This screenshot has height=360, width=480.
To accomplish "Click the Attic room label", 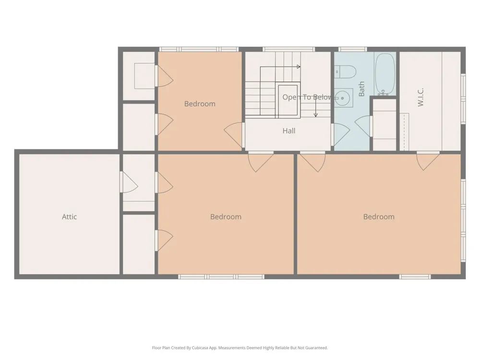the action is click(x=69, y=217).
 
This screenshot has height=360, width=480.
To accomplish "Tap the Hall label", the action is click(x=289, y=131).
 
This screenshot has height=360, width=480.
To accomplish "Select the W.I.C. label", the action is click(x=420, y=97).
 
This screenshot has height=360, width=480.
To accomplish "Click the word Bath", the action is click(x=361, y=89).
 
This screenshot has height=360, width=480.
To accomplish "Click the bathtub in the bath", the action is click(x=385, y=74).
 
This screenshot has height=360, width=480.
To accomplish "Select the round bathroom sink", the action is click(x=343, y=98).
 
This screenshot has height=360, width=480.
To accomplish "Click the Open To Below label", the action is click(x=307, y=97).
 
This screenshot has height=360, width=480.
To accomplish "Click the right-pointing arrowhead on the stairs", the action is click(x=299, y=67).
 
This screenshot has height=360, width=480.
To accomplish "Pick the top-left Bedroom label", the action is click(x=200, y=104).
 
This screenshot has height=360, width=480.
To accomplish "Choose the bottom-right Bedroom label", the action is click(x=379, y=217).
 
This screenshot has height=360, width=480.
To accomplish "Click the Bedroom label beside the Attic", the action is click(x=226, y=217).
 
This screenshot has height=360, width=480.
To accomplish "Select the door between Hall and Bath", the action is click(x=340, y=135).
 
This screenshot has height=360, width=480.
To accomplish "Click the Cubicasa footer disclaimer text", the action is click(x=240, y=348).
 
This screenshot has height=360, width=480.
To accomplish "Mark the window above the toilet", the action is click(x=352, y=49).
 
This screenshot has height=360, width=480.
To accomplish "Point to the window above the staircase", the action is click(x=288, y=49).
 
